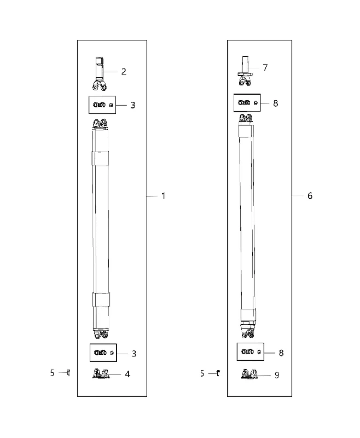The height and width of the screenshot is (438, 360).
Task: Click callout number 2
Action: point(124,72)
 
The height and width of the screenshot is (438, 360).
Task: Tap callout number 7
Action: point(265,67)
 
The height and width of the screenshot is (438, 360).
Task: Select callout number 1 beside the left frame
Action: point(164,196)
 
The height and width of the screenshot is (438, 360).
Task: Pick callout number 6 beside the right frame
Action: point(310,196)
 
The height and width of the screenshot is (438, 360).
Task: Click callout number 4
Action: point(127,374)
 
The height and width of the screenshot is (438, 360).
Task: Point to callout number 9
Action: point(277,375)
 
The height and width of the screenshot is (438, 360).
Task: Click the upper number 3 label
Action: point(133,105)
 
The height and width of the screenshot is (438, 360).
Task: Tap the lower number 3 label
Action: point(134,354)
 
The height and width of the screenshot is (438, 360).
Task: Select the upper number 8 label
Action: point(275,103)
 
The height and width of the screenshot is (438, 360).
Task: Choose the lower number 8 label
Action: point(281,353)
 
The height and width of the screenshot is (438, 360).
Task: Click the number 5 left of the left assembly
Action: point(52,373)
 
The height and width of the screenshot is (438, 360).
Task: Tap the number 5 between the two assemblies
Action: point(202,373)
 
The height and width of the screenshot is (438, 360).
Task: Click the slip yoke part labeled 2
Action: point(100,74)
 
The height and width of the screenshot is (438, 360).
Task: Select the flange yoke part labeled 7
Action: point(245,71)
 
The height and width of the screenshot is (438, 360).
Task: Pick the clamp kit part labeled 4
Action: point(101,374)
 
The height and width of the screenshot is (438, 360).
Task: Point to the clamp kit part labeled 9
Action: point(249,374)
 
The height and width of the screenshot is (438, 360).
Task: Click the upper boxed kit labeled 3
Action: point(102,105)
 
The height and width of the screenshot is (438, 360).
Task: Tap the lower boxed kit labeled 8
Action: point(251,351)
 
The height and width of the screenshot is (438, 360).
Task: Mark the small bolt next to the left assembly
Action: point(68,373)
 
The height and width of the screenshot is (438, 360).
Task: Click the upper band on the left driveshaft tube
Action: point(100,158)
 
